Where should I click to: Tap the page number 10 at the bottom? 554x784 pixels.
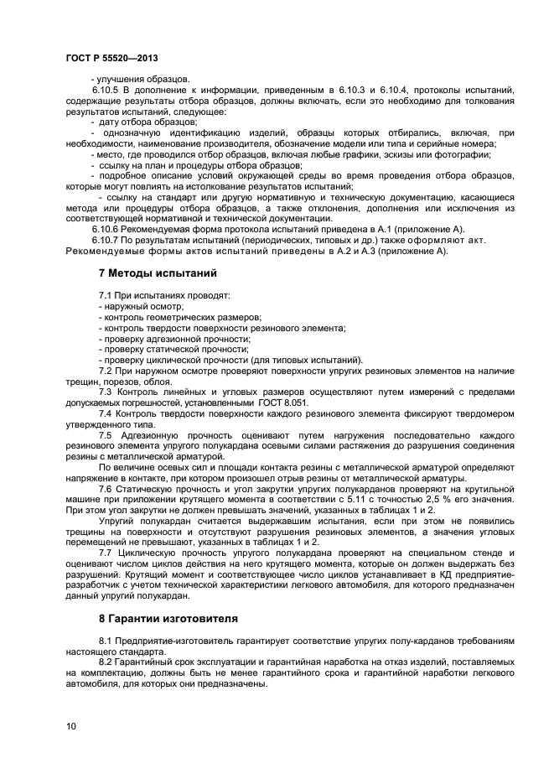tap(70, 725)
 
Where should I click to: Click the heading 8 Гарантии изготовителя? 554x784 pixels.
tap(168, 619)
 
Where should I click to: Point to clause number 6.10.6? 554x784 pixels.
tap(107, 229)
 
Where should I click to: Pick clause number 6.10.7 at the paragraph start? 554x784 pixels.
tap(107, 240)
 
